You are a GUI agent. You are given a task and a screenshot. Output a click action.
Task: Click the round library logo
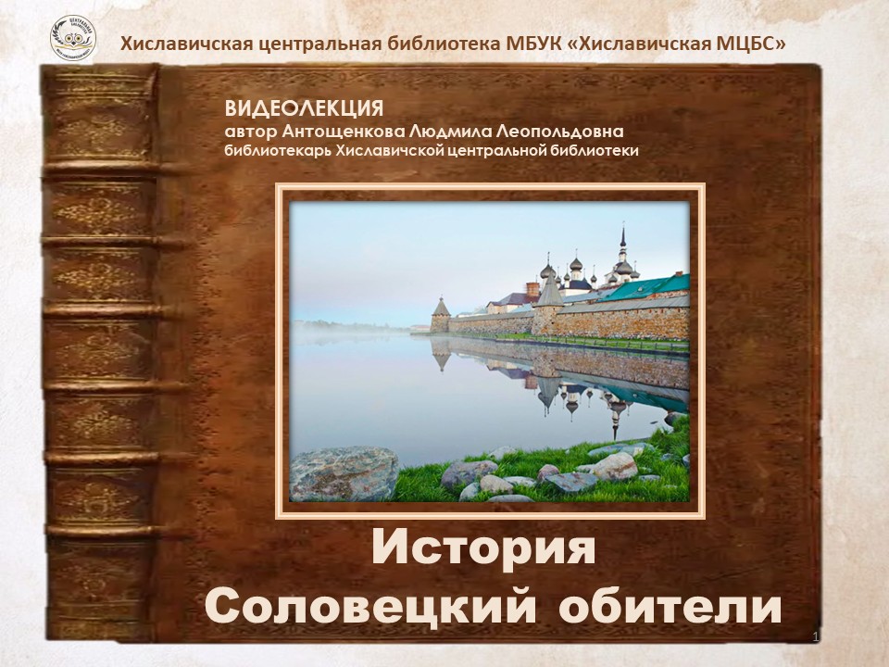click(x=72, y=39)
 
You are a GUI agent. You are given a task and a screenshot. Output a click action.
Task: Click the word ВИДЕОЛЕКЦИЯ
click(x=304, y=108)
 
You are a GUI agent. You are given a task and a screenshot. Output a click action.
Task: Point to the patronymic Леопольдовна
click(x=559, y=132)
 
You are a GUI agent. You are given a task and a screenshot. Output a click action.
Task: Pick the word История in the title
click(x=483, y=548)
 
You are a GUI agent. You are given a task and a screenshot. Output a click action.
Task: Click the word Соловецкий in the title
click(x=370, y=608)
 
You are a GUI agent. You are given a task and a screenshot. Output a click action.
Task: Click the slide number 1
click(x=815, y=637)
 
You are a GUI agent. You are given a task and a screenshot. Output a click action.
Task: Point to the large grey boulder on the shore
click(x=344, y=474)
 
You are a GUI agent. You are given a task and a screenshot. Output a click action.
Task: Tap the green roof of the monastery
click(x=645, y=287)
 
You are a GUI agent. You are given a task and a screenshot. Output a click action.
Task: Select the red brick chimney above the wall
click(x=532, y=289)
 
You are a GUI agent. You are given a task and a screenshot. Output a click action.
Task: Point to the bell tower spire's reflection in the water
click(x=616, y=420)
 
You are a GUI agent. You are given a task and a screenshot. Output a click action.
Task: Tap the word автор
click(x=251, y=132)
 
